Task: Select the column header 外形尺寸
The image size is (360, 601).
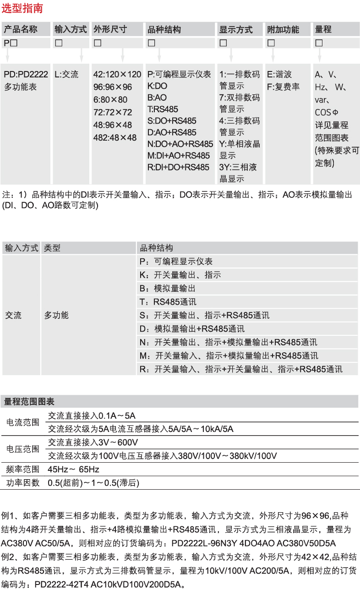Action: tap(110, 29)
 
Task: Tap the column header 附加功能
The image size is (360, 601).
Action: tap(283, 29)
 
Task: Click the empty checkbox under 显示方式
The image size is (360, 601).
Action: tap(224, 43)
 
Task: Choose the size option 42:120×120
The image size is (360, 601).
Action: tap(117, 75)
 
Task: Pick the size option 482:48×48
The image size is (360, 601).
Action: tap(115, 137)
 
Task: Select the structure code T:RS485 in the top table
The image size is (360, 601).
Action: tap(163, 109)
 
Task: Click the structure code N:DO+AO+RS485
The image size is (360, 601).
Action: tap(180, 144)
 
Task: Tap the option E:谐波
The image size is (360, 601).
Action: tap(279, 75)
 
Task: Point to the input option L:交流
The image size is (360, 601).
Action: tap(67, 74)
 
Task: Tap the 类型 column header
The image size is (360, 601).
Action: tap(52, 248)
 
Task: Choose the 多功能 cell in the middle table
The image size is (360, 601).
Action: tap(56, 315)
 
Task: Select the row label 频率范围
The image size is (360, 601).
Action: tap(23, 469)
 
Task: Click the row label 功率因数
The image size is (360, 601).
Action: tap(23, 482)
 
